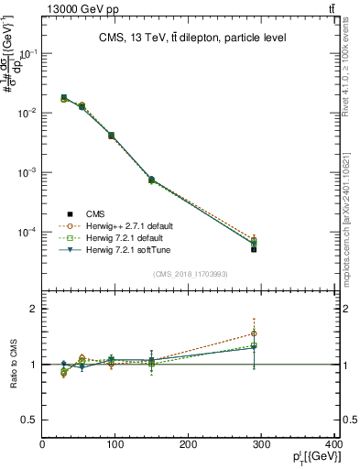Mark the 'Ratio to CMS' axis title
click(12, 365)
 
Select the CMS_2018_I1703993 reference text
click(190, 274)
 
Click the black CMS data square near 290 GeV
click(254, 249)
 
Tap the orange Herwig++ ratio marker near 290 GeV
click(254, 333)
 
